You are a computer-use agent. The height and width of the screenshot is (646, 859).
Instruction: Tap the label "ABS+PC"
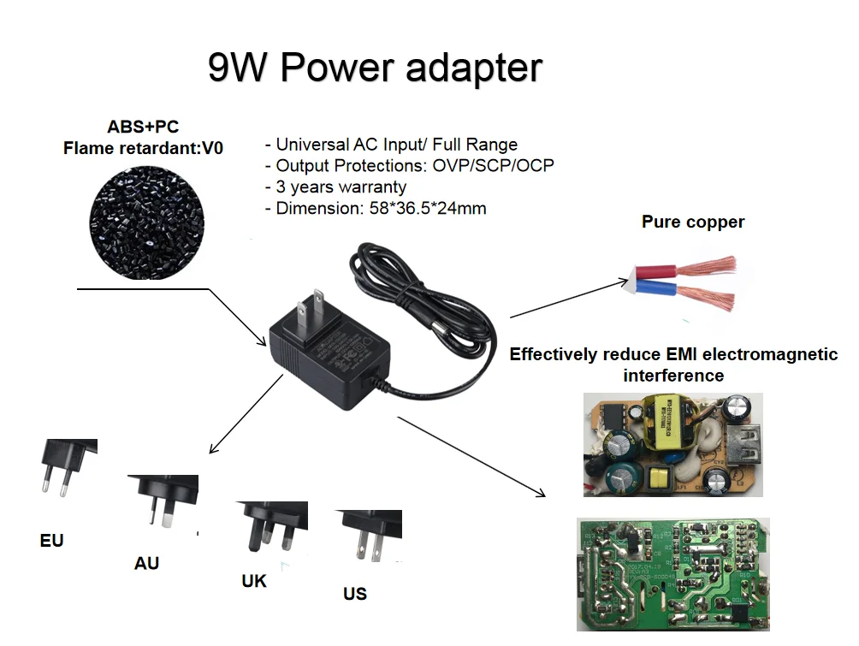click(143, 127)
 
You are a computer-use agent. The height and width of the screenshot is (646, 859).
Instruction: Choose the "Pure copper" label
click(693, 222)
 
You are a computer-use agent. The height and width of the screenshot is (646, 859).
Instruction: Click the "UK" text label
click(254, 581)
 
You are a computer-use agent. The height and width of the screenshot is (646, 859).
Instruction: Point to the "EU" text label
click(52, 541)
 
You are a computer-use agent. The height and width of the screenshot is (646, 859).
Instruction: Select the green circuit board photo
click(672, 573)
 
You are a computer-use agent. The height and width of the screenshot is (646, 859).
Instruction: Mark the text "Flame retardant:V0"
click(143, 148)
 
